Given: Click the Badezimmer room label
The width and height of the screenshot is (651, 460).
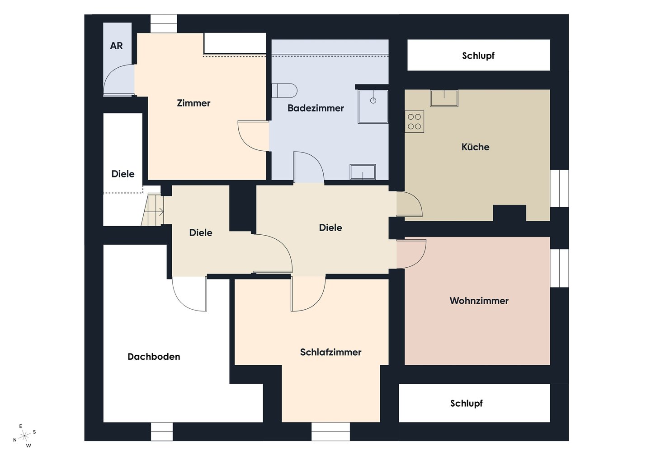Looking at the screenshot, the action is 316,108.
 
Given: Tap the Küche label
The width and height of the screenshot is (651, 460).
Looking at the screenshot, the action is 475,147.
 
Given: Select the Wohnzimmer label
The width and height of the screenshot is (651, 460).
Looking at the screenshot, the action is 479,301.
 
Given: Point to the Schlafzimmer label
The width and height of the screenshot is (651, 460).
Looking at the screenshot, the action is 331,352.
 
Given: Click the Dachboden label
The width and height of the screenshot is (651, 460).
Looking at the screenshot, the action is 154,357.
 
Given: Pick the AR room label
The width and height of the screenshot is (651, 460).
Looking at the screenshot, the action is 116,46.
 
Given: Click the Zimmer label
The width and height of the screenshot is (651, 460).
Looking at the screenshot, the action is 193,103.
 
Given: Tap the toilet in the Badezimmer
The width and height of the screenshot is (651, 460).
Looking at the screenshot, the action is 284,91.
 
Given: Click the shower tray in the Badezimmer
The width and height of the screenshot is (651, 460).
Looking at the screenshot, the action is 373,107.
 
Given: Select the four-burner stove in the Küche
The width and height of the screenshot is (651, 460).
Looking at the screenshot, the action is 415,121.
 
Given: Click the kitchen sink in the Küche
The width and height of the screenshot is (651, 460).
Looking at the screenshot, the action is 444,98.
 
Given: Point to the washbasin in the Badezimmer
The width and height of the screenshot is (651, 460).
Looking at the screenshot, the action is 363,172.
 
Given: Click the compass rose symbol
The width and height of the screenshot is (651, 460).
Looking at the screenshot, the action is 25,435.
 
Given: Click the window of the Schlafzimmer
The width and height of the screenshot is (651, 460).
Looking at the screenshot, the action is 331,432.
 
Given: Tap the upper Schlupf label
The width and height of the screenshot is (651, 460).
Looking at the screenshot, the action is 478,56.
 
